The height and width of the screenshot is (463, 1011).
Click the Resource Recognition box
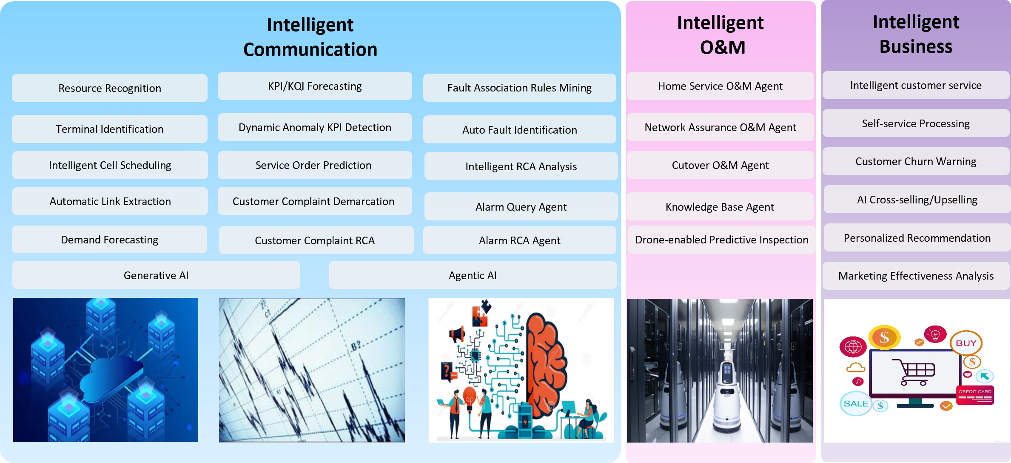click(x=110, y=88)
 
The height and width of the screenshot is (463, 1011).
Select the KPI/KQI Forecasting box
click(x=315, y=86)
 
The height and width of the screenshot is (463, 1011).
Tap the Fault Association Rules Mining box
click(x=519, y=88)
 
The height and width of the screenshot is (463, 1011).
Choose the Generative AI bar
click(x=156, y=275)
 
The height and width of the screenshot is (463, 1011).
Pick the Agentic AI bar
click(x=473, y=275)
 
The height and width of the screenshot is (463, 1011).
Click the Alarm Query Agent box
click(x=521, y=206)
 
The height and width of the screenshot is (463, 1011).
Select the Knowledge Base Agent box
click(x=720, y=206)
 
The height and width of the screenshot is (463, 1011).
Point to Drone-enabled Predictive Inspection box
click(x=722, y=240)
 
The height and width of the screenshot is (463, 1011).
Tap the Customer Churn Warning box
click(x=916, y=161)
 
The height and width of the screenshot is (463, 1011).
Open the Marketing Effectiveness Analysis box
click(x=916, y=276)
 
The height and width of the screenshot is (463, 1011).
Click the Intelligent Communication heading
click(x=310, y=37)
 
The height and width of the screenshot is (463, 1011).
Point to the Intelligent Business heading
click(x=916, y=34)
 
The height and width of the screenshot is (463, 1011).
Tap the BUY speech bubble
click(x=966, y=343)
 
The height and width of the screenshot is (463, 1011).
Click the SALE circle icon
click(x=855, y=403)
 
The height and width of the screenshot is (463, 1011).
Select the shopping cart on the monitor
click(x=913, y=372)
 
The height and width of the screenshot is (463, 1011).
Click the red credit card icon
click(x=975, y=395)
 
